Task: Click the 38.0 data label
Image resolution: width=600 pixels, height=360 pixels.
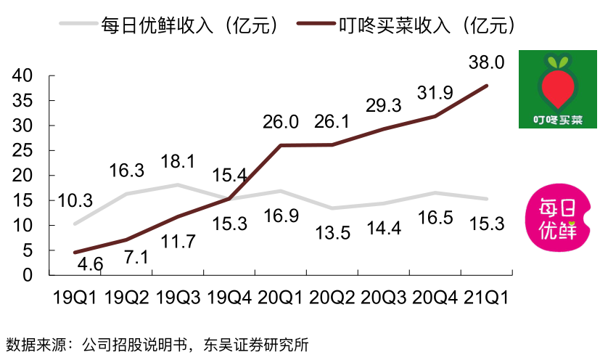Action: [487, 62]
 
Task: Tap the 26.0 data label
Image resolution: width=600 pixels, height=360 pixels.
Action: [281, 123]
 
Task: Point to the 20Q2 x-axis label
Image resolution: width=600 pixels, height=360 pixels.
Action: [332, 298]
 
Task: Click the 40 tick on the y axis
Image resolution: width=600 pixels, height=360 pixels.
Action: [24, 75]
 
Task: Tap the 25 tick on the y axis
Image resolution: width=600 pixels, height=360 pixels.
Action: [24, 150]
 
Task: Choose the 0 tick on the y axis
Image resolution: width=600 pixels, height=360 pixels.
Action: [29, 275]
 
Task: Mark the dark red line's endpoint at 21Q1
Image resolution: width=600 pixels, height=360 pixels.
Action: [487, 86]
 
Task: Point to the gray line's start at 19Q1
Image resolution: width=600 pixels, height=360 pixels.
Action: [75, 224]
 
